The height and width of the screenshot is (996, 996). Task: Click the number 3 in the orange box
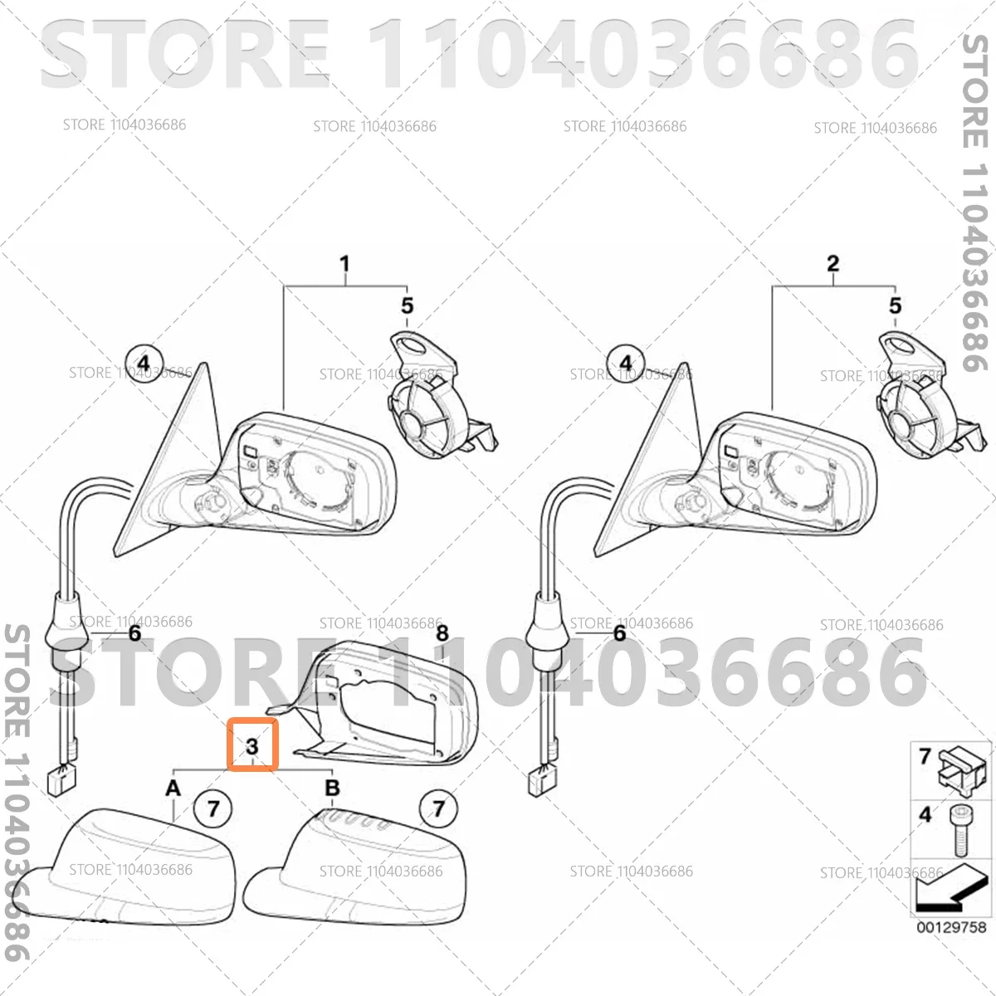pyautogui.click(x=252, y=746)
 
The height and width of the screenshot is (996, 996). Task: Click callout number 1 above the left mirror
pyautogui.click(x=344, y=264)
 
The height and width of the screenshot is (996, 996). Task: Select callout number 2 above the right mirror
pyautogui.click(x=832, y=264)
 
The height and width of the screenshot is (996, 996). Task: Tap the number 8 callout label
pyautogui.click(x=442, y=633)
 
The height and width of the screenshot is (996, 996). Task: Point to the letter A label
pyautogui.click(x=173, y=788)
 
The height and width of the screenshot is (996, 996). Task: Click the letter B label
pyautogui.click(x=332, y=788)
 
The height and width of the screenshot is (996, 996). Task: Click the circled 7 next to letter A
pyautogui.click(x=213, y=808)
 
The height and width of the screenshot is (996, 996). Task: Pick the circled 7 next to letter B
pyautogui.click(x=438, y=808)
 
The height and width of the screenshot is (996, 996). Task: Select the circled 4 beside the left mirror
pyautogui.click(x=144, y=364)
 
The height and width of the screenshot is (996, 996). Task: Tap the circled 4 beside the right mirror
pyautogui.click(x=626, y=364)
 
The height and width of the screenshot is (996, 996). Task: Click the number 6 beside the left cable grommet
pyautogui.click(x=135, y=633)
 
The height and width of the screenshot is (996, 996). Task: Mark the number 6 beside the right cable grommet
pyautogui.click(x=620, y=633)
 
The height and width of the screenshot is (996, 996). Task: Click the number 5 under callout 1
pyautogui.click(x=408, y=305)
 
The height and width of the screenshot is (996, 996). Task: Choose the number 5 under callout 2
pyautogui.click(x=896, y=305)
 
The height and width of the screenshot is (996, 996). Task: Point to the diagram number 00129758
pyautogui.click(x=951, y=927)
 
